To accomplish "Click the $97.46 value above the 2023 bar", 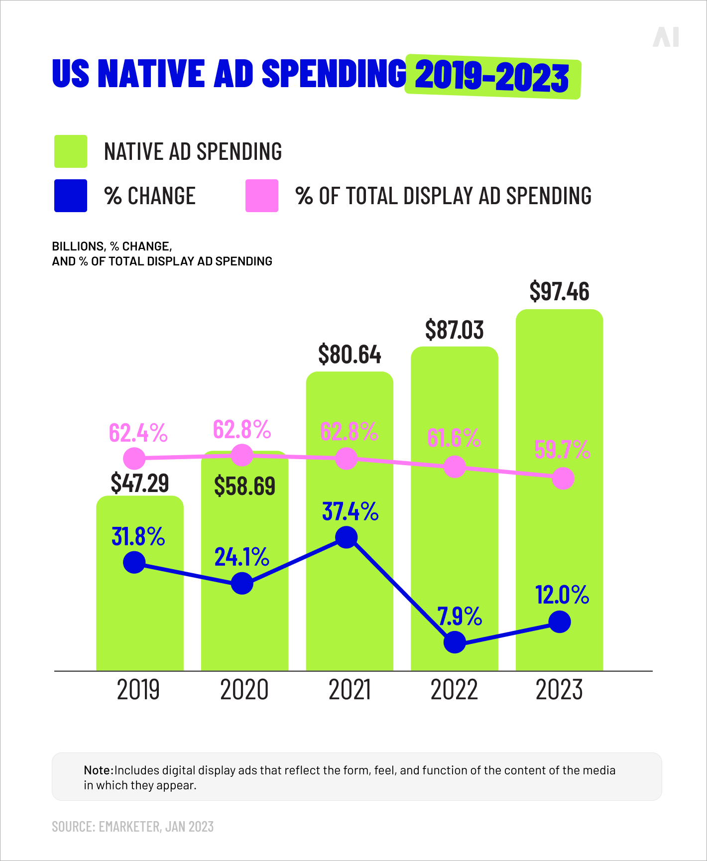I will [x=559, y=291].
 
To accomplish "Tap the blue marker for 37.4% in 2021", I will [x=347, y=537].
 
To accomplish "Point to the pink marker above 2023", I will [x=563, y=479].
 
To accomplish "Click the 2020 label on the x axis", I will [x=244, y=690].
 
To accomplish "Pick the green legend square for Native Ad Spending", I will [x=71, y=151].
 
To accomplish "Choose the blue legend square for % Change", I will [x=71, y=196].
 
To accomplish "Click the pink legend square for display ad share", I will [x=262, y=196].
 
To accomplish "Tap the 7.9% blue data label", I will [x=460, y=616].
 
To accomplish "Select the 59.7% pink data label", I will [x=562, y=450].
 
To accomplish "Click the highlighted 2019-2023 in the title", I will [x=492, y=77].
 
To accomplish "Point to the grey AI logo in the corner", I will [x=666, y=37].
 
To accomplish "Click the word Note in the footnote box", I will [x=98, y=770].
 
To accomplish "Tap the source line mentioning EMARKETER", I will [x=133, y=827].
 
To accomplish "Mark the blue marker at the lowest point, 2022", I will [x=455, y=642].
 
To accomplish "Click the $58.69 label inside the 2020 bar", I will [x=244, y=486].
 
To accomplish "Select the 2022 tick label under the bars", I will [x=454, y=690].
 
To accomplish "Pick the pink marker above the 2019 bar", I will [x=134, y=458].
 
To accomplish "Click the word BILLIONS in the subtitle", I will [x=78, y=246].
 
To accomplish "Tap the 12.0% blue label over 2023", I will [x=562, y=595].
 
